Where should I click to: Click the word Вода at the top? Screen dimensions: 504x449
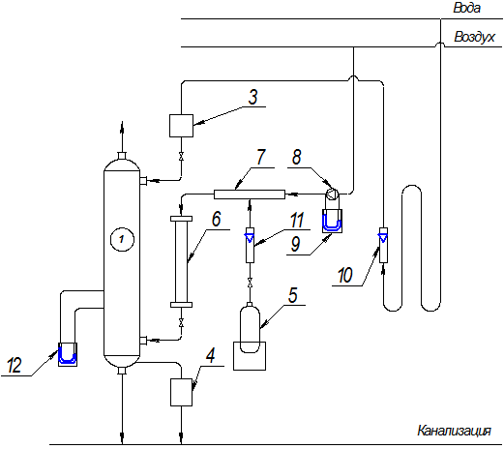pos(466,8)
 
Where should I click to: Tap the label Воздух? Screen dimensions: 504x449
pos(474,37)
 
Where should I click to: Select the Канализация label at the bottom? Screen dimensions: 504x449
pos(454,431)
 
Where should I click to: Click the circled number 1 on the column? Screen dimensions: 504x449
pos(122,239)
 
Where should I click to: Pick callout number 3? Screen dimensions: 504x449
pos(253,97)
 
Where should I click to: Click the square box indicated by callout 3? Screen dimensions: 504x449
pos(181,126)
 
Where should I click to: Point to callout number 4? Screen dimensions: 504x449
pos(211,356)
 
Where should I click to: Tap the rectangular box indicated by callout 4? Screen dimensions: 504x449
pos(181,392)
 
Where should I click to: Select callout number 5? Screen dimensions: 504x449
pos(293,295)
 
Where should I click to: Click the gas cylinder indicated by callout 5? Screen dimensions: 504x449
pos(250,328)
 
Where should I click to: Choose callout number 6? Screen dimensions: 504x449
pos(217,219)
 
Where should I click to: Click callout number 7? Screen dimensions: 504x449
pos(260,157)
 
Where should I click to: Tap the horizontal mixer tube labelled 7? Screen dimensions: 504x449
pos(250,195)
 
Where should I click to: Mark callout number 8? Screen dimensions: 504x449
pos(296,157)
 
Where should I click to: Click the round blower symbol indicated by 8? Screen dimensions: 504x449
pos(332,195)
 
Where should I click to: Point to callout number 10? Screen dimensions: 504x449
pos(345,275)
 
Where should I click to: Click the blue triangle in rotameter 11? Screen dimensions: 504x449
pos(250,238)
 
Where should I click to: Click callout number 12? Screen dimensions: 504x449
pos(15,366)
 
